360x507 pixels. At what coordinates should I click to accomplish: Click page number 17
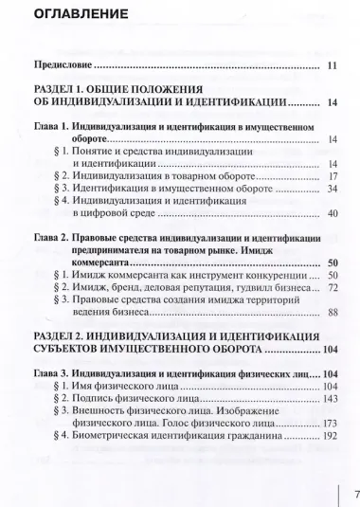click(332, 177)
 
